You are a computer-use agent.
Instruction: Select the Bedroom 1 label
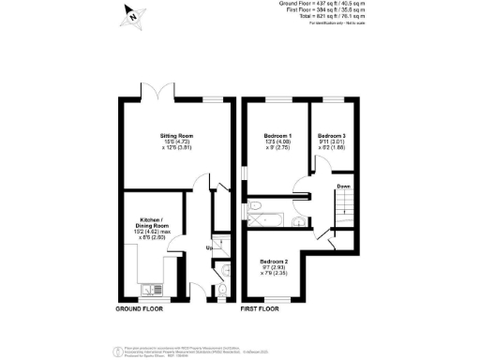pyautogui.click(x=277, y=136)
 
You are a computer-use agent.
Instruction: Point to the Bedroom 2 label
pyautogui.click(x=274, y=260)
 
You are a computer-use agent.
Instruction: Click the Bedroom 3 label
pyautogui.click(x=331, y=136)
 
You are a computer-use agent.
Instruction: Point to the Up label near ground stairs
pyautogui.click(x=208, y=247)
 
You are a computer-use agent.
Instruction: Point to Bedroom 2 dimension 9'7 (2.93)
pyautogui.click(x=274, y=267)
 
